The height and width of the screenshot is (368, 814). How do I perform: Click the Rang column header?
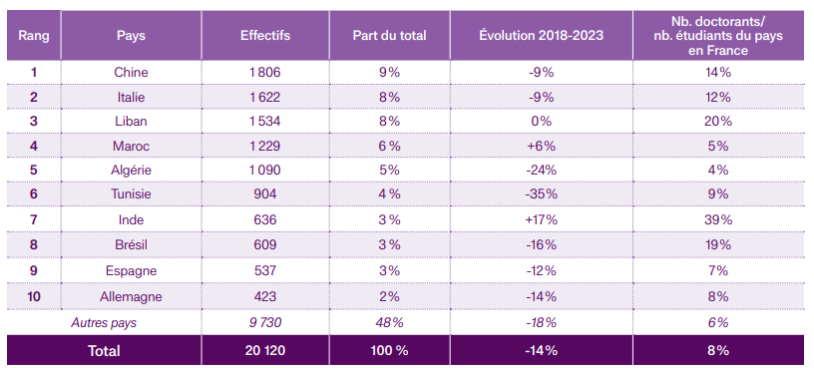point(34,36)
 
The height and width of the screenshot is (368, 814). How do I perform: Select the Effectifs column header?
point(265,36)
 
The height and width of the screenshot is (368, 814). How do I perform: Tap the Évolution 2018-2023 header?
point(541,36)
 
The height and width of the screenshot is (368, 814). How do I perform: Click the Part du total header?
point(389,36)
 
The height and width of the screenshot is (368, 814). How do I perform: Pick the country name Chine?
point(131,72)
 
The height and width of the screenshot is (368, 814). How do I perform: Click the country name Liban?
point(131,121)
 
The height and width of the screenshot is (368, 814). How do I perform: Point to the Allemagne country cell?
point(131,297)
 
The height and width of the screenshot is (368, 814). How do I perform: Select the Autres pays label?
point(104,323)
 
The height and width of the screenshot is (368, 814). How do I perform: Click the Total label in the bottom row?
point(104,351)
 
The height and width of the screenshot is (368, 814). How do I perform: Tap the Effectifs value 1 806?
point(265,72)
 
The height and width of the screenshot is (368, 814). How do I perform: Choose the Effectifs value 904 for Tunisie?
point(265,194)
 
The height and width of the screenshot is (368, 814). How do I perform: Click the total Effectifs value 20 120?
point(265,351)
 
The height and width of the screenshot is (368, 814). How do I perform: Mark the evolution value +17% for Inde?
point(541,219)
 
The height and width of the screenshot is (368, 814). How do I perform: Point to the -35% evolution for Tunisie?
point(541,194)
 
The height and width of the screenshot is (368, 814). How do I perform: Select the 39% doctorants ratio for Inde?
point(718,219)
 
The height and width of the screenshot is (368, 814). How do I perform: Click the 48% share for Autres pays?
point(389,323)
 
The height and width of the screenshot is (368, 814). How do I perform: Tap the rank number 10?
point(34,297)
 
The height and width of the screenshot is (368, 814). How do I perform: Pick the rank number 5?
point(34,170)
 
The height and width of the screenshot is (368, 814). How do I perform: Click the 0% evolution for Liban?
point(541,121)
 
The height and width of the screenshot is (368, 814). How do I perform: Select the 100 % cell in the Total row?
point(389,351)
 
